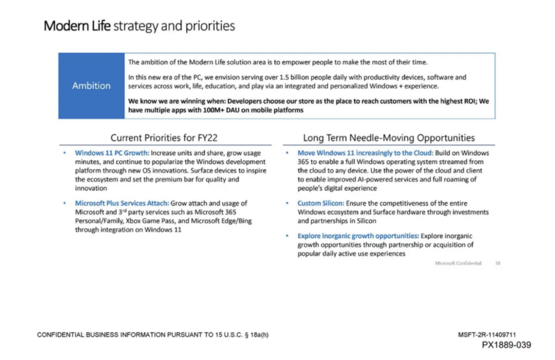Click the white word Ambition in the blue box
pos(91,86)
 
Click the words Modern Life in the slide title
pos(77,26)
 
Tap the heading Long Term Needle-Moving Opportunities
pos(388,138)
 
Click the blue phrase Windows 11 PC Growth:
pos(112,153)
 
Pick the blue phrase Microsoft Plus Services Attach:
pos(122,203)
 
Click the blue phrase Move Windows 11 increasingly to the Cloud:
pos(365,153)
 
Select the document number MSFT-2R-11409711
pos(487,335)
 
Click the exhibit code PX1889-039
pos(506,345)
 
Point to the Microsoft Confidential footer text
pos(458,263)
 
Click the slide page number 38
pos(497,263)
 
